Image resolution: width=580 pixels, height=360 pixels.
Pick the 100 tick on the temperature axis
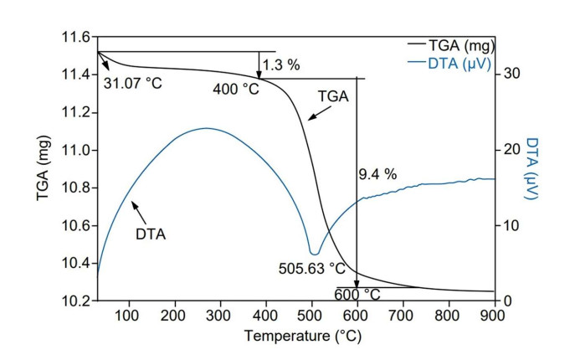pyautogui.click(x=128, y=316)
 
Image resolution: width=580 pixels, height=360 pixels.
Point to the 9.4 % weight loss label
pyautogui.click(x=377, y=174)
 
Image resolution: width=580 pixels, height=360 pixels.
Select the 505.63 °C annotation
pyautogui.click(x=312, y=268)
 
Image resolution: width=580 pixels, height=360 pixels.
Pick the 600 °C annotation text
pyautogui.click(x=357, y=294)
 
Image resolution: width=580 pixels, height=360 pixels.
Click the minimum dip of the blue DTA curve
pyautogui.click(x=315, y=253)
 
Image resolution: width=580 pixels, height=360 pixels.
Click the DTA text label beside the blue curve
pyautogui.click(x=151, y=234)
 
